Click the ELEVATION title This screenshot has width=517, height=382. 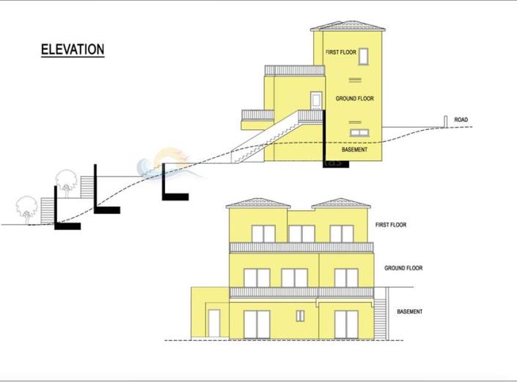click(x=73, y=49)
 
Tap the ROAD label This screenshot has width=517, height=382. click(x=461, y=120)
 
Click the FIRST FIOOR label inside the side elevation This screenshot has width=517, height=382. click(x=341, y=52)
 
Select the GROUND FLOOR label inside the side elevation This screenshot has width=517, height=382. click(x=355, y=98)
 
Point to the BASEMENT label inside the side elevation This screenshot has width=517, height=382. click(x=354, y=150)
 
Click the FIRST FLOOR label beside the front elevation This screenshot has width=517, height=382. click(x=391, y=225)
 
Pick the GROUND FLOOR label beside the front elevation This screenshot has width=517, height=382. click(x=403, y=268)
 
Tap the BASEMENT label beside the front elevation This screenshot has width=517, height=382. click(x=409, y=311)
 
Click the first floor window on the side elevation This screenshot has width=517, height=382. click(x=363, y=56)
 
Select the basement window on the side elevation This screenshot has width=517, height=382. click(x=359, y=133)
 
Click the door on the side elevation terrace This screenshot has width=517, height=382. click(x=316, y=101)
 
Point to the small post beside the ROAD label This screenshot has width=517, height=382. click(x=445, y=121)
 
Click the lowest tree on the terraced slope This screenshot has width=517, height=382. click(x=26, y=209)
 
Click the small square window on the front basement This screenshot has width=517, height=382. click(x=300, y=316)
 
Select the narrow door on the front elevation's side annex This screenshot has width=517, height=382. click(x=214, y=323)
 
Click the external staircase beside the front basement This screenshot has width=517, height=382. click(x=380, y=319)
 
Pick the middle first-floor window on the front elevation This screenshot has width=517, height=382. click(x=301, y=234)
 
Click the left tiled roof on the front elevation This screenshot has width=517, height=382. click(x=258, y=203)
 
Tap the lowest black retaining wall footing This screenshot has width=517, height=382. click(x=67, y=226)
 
